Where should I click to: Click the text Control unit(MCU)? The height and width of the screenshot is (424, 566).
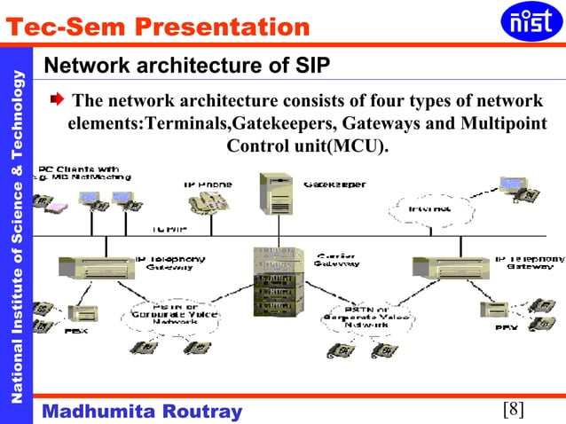[x=308, y=145]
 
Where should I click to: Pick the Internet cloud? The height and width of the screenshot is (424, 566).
[x=429, y=209]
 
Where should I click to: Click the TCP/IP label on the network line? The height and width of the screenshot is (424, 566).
[x=168, y=229]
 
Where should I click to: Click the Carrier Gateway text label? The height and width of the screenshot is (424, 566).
[x=338, y=260]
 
